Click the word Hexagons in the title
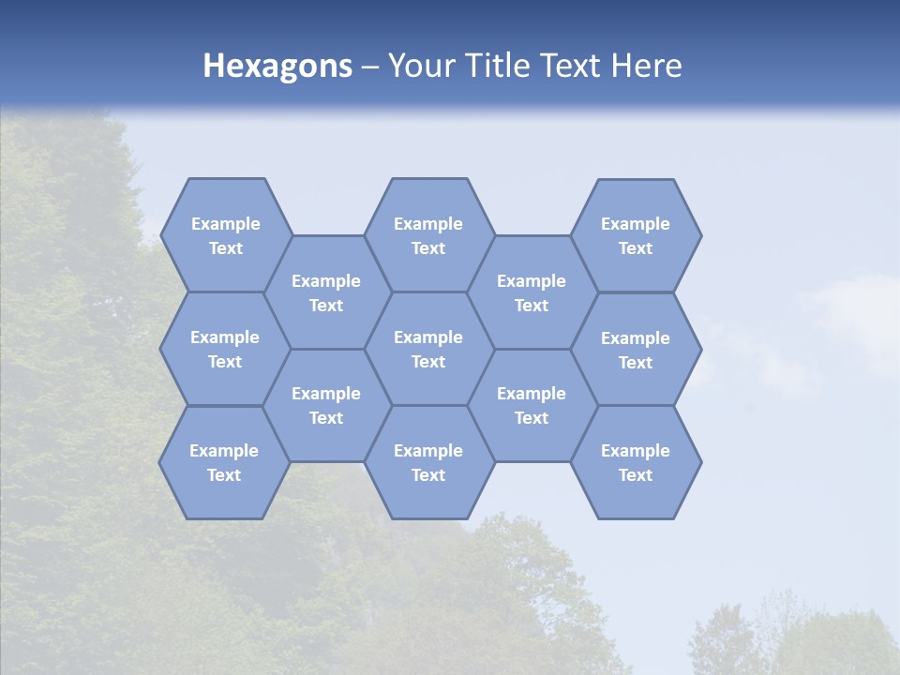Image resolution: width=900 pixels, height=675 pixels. pos(277,66)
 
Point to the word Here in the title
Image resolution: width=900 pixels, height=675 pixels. pos(646,66)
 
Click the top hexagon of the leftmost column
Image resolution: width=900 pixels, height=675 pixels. pos(226,235)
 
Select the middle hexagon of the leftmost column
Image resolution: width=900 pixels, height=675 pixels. pos(225,349)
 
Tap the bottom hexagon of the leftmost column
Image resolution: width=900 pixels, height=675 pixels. pos(224,462)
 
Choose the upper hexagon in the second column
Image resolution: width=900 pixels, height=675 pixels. pos(326,292)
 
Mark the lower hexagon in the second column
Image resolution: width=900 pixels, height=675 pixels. pos(326,405)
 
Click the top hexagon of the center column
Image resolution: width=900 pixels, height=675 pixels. pos(428,235)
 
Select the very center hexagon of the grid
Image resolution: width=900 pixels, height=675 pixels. pos(428,349)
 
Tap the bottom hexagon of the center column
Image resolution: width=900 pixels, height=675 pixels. pos(428,462)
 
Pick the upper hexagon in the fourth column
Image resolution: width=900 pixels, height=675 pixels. pos(532,292)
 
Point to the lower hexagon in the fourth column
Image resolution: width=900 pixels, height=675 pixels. pos(532,405)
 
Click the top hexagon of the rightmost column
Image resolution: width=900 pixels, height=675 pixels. pos(636,235)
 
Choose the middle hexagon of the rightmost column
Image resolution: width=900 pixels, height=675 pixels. pos(636,350)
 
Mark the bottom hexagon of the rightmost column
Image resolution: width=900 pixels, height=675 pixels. pos(636,462)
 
